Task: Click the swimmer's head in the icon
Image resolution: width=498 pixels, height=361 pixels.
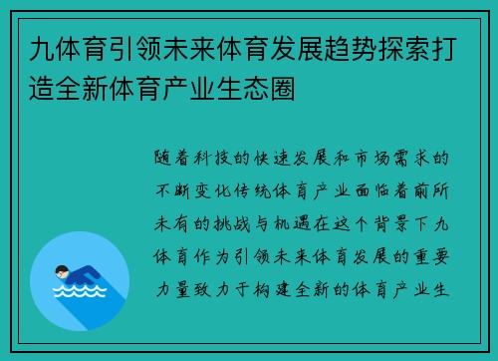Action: [62, 270]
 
